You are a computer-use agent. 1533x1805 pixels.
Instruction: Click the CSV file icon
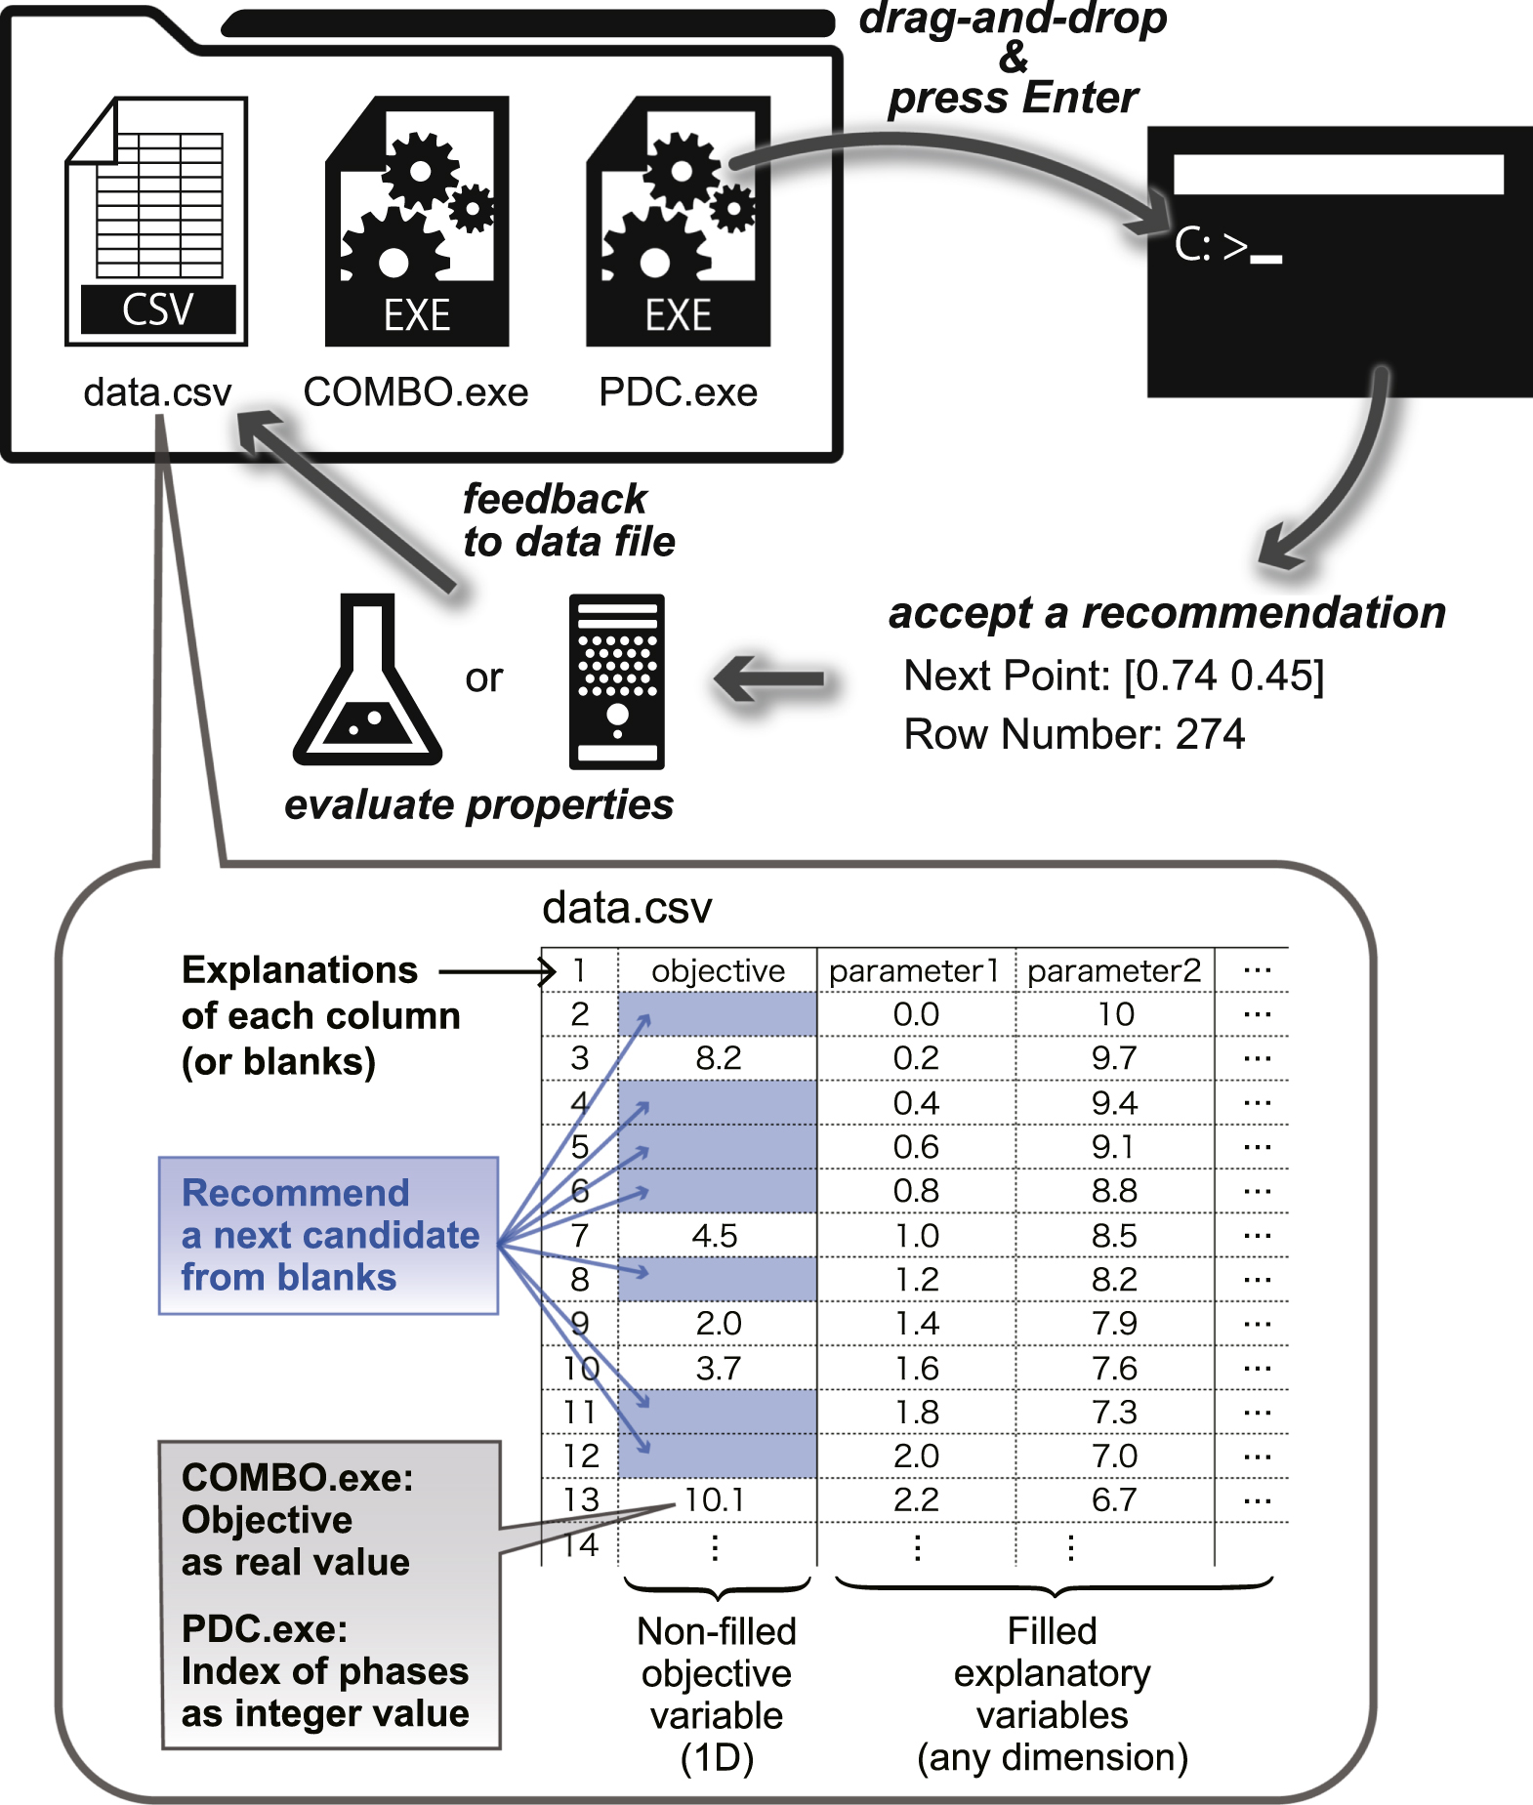pos(156,222)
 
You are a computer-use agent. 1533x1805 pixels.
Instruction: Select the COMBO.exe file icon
pos(417,222)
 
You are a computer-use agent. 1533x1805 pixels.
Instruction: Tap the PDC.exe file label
pos(678,392)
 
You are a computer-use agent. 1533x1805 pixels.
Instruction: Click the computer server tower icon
pos(616,681)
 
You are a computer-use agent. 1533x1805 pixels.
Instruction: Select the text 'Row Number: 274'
pos(1074,734)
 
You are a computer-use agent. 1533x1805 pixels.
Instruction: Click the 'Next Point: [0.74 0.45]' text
pos(1113,676)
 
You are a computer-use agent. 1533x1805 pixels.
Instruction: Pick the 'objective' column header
pos(718,970)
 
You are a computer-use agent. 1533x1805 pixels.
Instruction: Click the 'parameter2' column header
pos(1114,970)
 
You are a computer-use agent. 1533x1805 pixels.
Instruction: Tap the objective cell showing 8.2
pos(718,1058)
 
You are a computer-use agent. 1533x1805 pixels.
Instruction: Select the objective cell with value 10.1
pos(715,1499)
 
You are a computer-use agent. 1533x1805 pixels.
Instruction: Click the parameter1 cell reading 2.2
pos(916,1499)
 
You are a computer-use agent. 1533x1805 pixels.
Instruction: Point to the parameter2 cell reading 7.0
pos(1114,1456)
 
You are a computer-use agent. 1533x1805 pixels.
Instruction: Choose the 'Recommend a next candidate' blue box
pos(328,1235)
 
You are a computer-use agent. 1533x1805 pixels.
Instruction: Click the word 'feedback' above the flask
pos(554,499)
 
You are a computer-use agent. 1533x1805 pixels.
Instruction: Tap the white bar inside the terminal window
pos(1338,175)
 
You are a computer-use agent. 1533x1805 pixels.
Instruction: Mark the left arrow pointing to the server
pos(771,678)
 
